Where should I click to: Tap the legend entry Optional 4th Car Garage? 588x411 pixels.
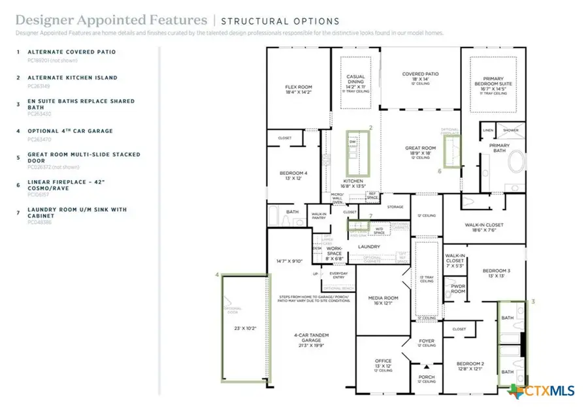pyautogui.click(x=70, y=131)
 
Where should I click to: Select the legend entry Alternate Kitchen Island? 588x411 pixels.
pyautogui.click(x=72, y=78)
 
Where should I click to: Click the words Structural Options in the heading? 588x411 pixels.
pyautogui.click(x=280, y=22)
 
